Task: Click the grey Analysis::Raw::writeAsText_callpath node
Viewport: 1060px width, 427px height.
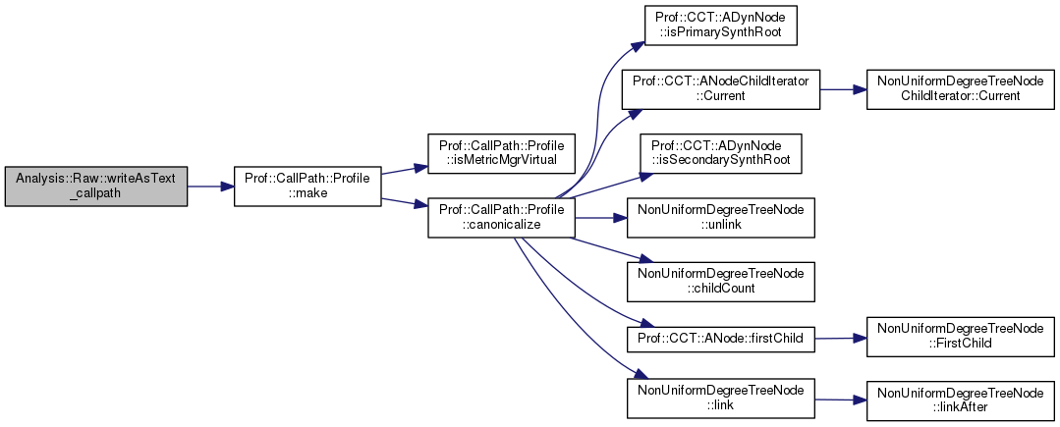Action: [x=96, y=185]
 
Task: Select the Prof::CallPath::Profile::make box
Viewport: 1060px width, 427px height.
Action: [x=307, y=185]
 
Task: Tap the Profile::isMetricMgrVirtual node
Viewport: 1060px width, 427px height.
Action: [x=500, y=151]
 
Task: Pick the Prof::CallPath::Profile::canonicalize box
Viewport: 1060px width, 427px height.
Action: [x=500, y=218]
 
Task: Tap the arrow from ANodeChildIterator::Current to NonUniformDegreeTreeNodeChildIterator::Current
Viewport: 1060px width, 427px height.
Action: [x=840, y=88]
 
